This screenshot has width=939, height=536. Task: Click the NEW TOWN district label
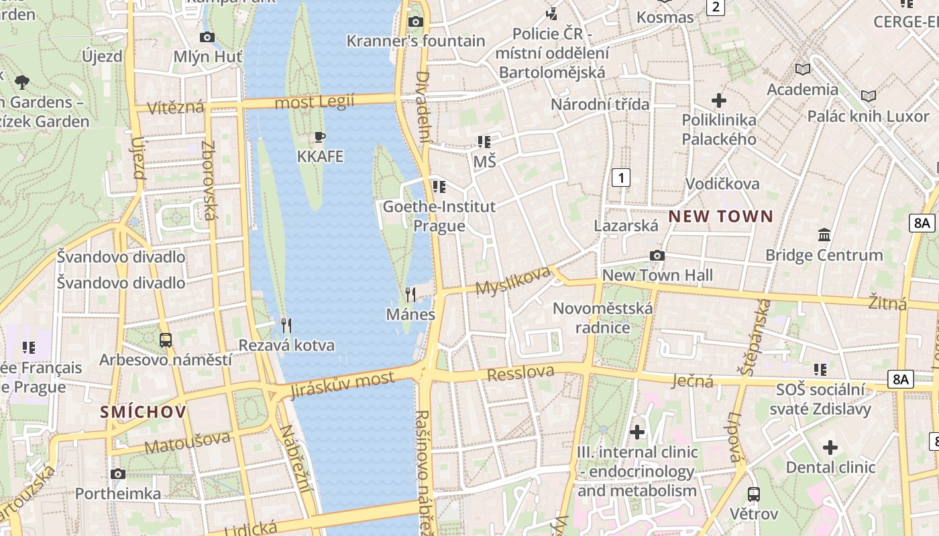click(x=721, y=216)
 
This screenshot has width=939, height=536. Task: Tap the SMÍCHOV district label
click(x=143, y=411)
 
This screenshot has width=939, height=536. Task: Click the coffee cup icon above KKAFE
click(x=320, y=137)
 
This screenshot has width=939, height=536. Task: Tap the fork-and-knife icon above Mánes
click(x=410, y=294)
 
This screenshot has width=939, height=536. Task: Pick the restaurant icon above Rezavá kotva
click(x=286, y=326)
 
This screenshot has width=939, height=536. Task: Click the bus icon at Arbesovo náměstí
click(x=166, y=340)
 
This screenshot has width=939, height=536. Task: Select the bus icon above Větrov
click(x=754, y=494)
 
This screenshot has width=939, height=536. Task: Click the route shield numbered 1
click(x=622, y=178)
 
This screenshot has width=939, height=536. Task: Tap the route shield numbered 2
click(x=716, y=7)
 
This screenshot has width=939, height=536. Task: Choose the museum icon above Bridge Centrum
click(x=824, y=235)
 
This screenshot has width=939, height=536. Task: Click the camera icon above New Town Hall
click(x=657, y=255)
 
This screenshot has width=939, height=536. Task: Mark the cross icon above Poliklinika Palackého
click(x=719, y=100)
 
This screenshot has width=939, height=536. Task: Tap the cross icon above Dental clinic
click(x=830, y=448)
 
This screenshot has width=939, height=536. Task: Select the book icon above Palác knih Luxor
click(x=869, y=96)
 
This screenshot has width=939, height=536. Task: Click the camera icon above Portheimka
click(x=118, y=474)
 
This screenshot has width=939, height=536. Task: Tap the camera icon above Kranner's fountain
click(x=416, y=21)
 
